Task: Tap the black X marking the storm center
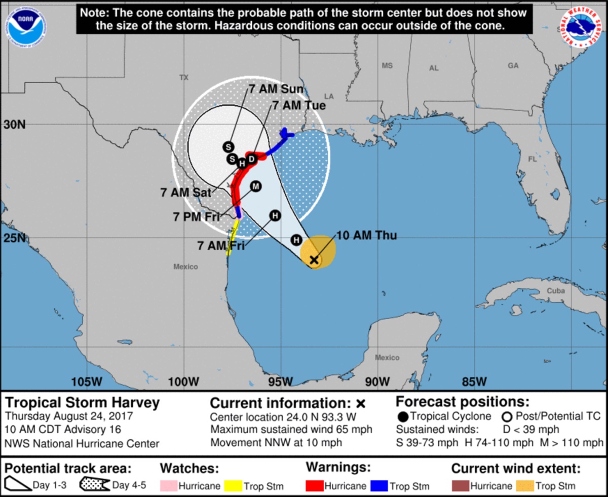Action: pos(314,260)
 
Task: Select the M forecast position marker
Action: pos(255,186)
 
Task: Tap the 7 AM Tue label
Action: pos(299,105)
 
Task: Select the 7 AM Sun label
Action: pos(276,89)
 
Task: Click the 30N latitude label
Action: pos(15,125)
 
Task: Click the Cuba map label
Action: pos(555,291)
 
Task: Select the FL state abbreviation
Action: pos(533,159)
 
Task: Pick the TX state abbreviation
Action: pos(183,78)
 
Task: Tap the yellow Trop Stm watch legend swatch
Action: pos(233,486)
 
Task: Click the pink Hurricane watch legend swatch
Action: pos(168,486)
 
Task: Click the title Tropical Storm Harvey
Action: pos(83,403)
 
